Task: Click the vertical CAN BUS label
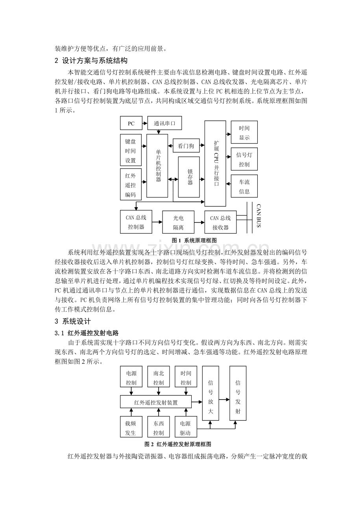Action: [259, 216]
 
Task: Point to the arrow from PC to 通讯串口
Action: [145, 123]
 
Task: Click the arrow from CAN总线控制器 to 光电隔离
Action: [157, 222]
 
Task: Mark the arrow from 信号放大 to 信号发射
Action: [224, 400]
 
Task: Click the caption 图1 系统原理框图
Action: [194, 240]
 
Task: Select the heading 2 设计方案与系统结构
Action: [91, 61]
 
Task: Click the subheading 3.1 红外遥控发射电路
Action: [87, 333]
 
